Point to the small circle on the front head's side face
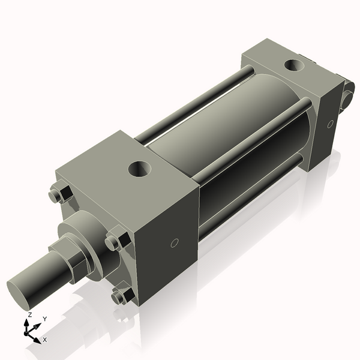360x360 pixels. click(x=175, y=243)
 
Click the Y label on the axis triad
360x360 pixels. click(x=44, y=319)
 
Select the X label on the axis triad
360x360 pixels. click(x=44, y=340)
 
